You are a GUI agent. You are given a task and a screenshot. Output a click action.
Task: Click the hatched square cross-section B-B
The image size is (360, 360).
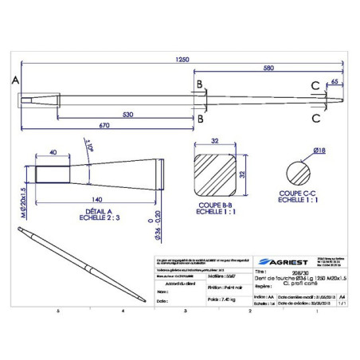tap(213, 173)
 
